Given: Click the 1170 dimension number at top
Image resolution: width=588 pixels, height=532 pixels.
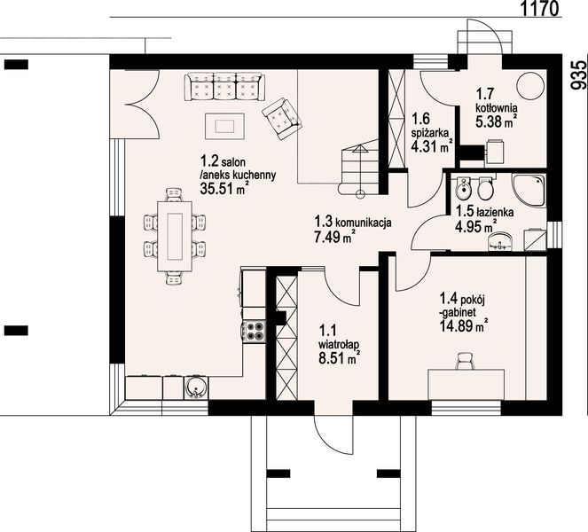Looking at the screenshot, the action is [540, 8].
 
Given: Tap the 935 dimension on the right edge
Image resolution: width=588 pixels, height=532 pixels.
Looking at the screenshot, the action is [578, 75].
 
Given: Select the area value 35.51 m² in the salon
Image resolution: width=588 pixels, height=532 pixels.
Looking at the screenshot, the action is [223, 188].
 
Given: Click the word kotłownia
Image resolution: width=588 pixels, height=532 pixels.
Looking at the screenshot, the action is [497, 108].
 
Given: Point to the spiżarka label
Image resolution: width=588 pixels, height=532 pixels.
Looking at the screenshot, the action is [430, 133].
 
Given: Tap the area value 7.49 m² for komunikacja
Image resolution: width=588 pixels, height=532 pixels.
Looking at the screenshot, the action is [333, 237].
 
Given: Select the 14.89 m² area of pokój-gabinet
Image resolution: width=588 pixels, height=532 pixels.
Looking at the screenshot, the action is [464, 325].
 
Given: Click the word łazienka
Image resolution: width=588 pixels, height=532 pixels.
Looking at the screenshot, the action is [495, 212].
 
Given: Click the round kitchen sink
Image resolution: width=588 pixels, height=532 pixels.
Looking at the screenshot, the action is [195, 387].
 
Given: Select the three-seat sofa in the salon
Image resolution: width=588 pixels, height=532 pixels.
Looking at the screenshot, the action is [224, 87].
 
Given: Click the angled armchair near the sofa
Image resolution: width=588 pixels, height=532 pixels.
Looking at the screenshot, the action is [282, 118].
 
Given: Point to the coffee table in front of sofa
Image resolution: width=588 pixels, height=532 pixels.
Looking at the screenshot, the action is [224, 126].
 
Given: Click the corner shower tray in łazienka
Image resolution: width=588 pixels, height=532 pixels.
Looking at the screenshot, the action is [529, 191].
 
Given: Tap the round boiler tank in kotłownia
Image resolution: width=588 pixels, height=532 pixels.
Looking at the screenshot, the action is [530, 85].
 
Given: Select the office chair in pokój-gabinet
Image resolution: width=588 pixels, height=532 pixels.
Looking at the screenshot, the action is [465, 361].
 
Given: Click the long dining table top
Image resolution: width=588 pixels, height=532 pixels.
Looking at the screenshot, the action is [175, 236].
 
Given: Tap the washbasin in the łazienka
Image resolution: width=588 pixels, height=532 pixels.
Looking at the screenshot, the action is [500, 240].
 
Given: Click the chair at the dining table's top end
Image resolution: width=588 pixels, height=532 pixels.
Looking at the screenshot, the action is [175, 194].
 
